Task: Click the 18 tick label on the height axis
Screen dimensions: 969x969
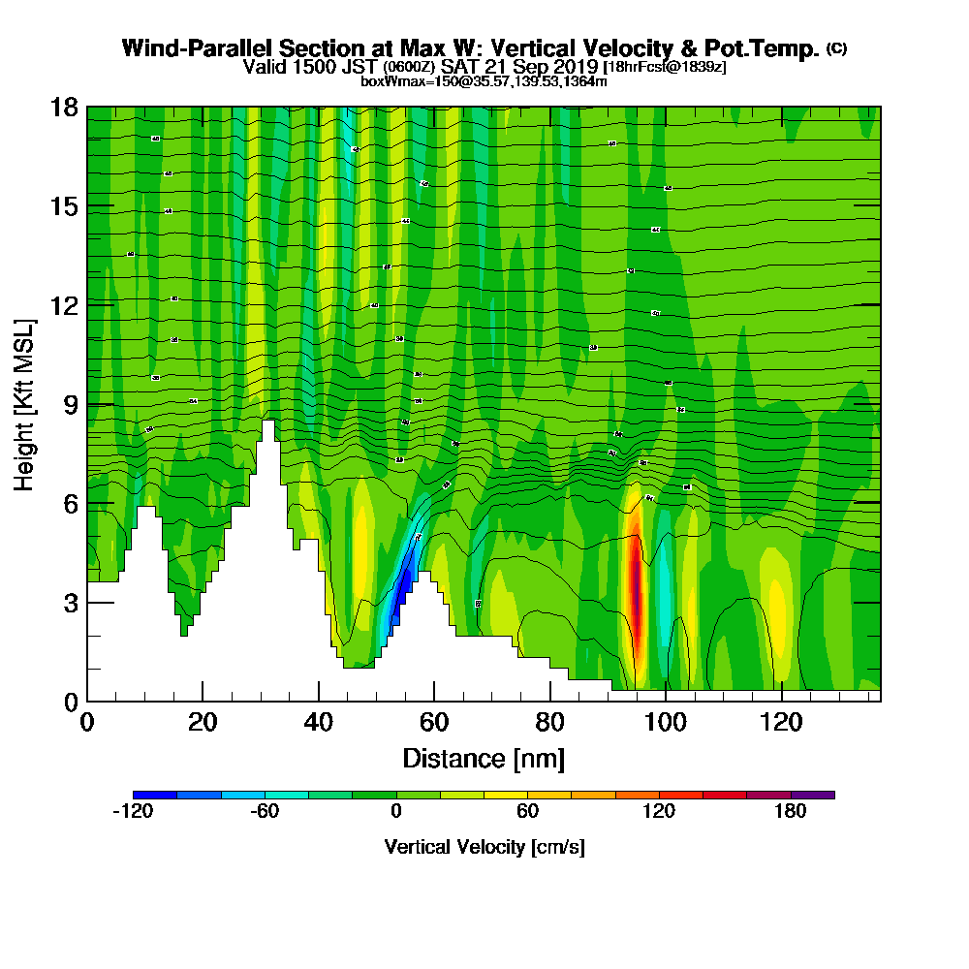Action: (x=64, y=107)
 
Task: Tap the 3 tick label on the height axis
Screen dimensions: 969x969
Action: (x=70, y=602)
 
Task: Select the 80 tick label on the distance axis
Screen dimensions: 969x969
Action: (x=549, y=723)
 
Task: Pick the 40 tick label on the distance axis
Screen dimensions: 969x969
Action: (x=318, y=723)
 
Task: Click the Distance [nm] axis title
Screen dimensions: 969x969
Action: (x=484, y=758)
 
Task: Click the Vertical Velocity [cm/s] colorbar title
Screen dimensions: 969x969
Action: (x=484, y=847)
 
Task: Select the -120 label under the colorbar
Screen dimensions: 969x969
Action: (x=133, y=812)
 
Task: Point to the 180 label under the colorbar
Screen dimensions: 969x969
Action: (x=791, y=812)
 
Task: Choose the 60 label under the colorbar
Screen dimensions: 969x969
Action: (x=527, y=812)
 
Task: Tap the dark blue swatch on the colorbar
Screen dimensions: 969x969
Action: (x=155, y=795)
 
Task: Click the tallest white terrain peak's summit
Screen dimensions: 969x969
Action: (x=267, y=423)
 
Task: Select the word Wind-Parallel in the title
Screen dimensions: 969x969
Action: (x=189, y=48)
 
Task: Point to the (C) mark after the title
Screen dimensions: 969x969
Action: (x=836, y=48)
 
